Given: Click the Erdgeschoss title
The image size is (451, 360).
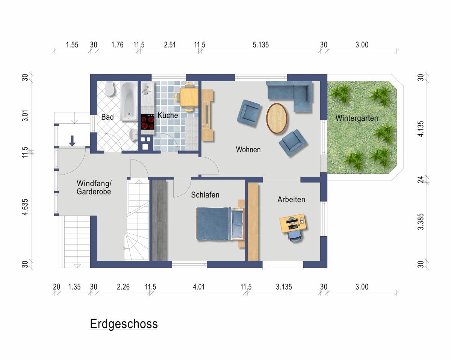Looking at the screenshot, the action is tap(124, 324).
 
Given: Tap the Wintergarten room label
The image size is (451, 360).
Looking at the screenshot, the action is tap(357, 118).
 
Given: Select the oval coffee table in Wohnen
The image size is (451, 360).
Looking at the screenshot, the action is tap(277, 118).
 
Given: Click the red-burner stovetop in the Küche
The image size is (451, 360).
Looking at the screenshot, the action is tap(148, 122).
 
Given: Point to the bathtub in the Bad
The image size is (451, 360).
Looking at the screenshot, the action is tap(129, 101).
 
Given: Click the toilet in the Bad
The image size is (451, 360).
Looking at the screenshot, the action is tap(110, 88).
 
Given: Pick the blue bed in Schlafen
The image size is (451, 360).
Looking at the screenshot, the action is tap(220, 223).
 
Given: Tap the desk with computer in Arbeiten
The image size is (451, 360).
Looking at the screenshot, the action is tap(294, 223).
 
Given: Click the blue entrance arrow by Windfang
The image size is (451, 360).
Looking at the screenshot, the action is tap(72, 141).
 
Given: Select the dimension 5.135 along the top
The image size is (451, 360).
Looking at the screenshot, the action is tap(260, 45).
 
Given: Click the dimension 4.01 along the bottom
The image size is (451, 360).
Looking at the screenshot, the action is tap(199, 287).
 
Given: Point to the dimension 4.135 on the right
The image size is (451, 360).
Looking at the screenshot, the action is tap(421, 129).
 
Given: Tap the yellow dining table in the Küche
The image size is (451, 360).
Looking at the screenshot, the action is tap(189, 97).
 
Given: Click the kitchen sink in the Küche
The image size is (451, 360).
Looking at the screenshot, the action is tap(148, 94).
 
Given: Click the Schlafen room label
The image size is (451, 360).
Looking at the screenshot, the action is tap(205, 195).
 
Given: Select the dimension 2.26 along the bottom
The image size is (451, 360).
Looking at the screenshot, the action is tap(123, 287).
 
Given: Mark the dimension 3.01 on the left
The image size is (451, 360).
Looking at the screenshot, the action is tap(25, 115).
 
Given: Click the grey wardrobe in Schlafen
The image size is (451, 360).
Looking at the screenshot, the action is tap(160, 220).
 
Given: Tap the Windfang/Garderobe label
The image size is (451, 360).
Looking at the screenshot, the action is tap(94, 187).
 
